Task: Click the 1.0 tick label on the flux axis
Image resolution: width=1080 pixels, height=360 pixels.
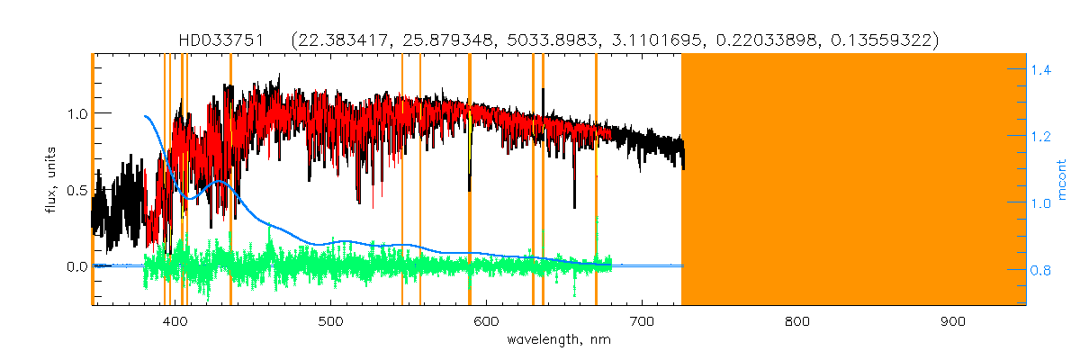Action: pyautogui.click(x=76, y=113)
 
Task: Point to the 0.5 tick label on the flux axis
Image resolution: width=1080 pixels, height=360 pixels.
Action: pyautogui.click(x=76, y=190)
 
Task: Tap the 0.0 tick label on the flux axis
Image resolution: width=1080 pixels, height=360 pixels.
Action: pyautogui.click(x=76, y=267)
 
